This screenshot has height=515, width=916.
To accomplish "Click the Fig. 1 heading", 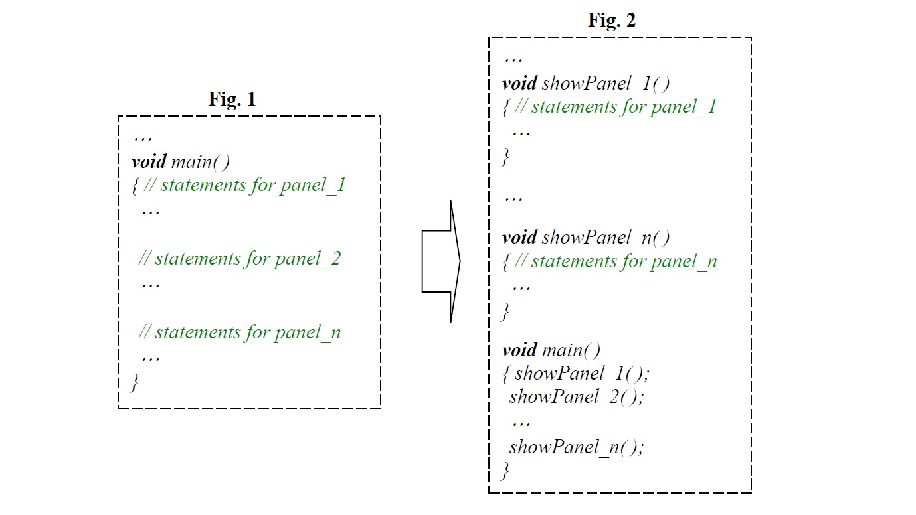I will [x=232, y=100].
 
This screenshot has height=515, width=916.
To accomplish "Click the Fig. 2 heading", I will [x=612, y=21].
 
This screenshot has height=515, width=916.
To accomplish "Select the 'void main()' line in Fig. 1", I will [x=180, y=161].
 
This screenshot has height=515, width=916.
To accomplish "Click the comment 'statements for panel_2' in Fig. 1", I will [x=240, y=258].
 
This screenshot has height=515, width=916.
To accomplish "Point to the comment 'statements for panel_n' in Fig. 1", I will [x=240, y=332].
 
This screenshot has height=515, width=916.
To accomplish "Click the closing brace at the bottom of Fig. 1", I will [x=136, y=382].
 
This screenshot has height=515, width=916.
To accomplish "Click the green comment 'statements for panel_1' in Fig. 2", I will [x=616, y=107].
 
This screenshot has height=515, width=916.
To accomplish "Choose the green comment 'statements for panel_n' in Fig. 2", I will [x=616, y=261].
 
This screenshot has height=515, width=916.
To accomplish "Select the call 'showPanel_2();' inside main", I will [x=577, y=397].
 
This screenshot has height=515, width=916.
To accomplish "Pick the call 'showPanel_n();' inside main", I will [x=577, y=447].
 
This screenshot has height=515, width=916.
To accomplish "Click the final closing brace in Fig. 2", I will [x=506, y=471].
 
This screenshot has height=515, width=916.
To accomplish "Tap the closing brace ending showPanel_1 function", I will [x=506, y=157].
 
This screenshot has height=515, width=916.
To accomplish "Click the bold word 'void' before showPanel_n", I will [x=519, y=237].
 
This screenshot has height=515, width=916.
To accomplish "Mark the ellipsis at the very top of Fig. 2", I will [x=513, y=59].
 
